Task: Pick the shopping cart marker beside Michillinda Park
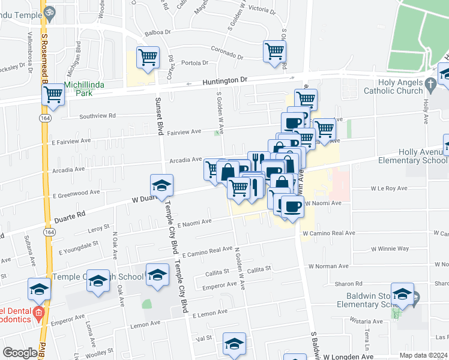tap(53, 94)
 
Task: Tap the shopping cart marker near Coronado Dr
tap(274, 51)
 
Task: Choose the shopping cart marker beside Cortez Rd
tap(148, 58)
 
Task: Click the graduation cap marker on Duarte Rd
tap(161, 185)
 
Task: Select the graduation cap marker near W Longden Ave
tap(234, 344)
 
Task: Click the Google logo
tap(20, 353)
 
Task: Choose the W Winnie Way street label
tap(390, 248)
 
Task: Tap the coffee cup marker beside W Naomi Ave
tap(292, 208)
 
